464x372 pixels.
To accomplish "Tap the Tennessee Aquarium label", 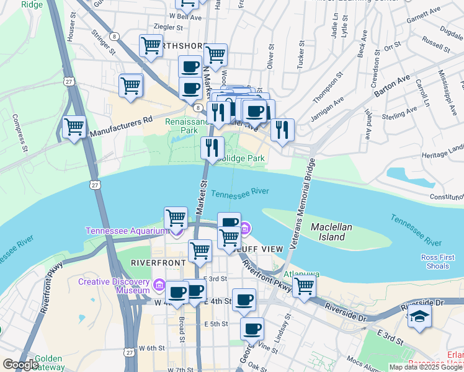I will pos(127,231).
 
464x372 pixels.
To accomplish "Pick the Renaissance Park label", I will pos(182,126).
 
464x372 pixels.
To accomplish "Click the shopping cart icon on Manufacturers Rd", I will pos(74,127).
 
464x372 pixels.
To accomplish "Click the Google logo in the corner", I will pos(20,365).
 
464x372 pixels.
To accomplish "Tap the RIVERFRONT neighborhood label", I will pos(158,263).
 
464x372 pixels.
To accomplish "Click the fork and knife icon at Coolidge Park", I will pos(212,148).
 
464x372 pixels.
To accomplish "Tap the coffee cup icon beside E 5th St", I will pos(252,329).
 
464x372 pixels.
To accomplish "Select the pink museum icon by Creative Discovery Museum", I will pos(159,286).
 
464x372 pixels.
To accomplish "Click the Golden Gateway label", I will pos(48,363).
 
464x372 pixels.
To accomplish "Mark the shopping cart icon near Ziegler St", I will pos(151,46).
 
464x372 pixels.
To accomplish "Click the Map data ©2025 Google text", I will pos(426,367).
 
